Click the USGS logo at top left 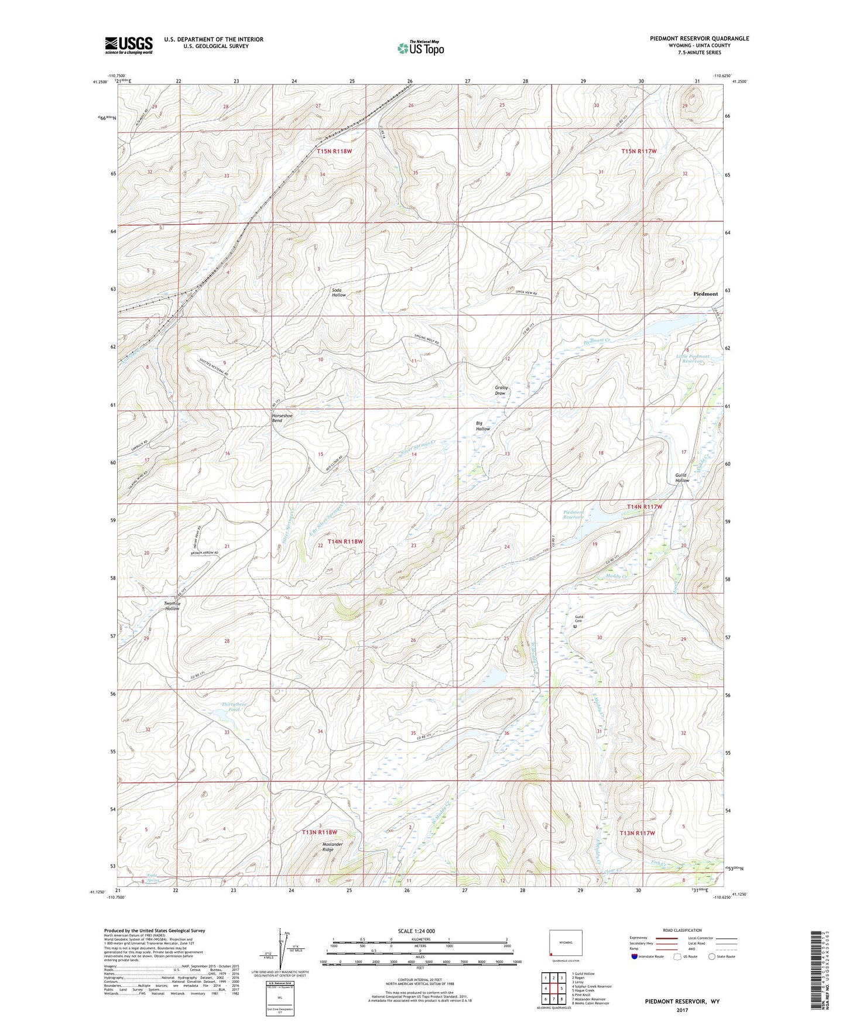coord(128,44)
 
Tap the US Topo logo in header coord(420,47)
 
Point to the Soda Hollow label coord(338,292)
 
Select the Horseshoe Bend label coord(282,418)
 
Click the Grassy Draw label coord(501,390)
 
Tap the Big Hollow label coord(482,426)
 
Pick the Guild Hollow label coord(681,478)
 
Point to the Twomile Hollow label coord(172,606)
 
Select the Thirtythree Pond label coord(230,707)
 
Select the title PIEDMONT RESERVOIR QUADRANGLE coord(699,39)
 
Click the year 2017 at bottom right coord(681,1010)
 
